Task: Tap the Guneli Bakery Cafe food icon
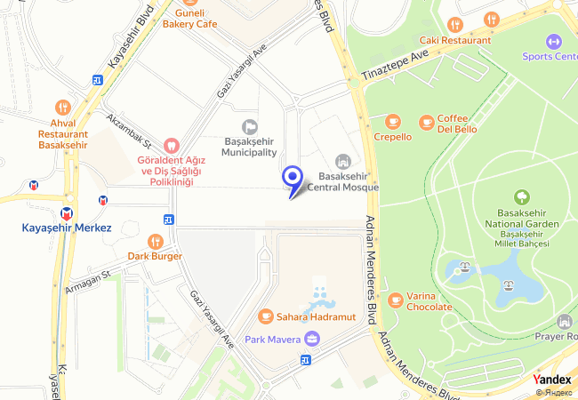(x=189, y=3)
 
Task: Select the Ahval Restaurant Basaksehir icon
(x=62, y=107)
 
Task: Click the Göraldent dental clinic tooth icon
(x=172, y=145)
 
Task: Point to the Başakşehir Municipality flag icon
(x=250, y=128)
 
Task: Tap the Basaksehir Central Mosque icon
(x=342, y=161)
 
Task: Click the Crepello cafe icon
(x=392, y=121)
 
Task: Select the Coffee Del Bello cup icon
(x=426, y=121)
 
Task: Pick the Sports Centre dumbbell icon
(x=554, y=41)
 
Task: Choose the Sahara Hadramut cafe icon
(x=265, y=316)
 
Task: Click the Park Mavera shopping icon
(x=311, y=339)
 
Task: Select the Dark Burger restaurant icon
(x=156, y=241)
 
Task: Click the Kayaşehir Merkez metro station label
(x=67, y=228)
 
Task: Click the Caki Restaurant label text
(x=455, y=40)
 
